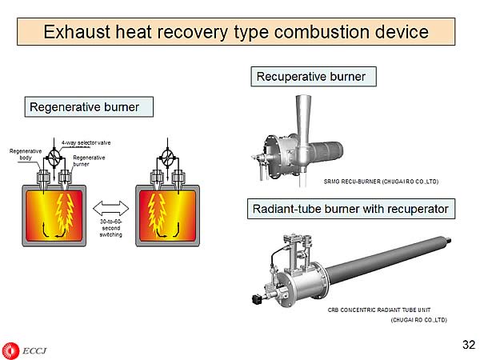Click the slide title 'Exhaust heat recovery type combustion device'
pyautogui.click(x=236, y=32)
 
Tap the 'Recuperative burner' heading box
pyautogui.click(x=310, y=77)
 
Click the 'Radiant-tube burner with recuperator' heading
pyautogui.click(x=350, y=210)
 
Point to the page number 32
pyautogui.click(x=468, y=346)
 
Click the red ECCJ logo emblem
pyautogui.click(x=10, y=349)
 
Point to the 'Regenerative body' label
pyautogui.click(x=26, y=154)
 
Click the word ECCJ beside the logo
pyautogui.click(x=34, y=350)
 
